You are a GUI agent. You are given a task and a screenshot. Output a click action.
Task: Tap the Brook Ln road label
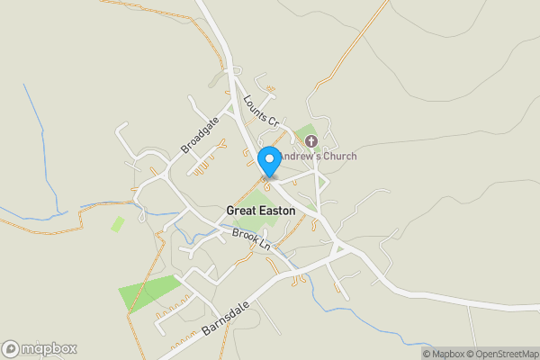251,239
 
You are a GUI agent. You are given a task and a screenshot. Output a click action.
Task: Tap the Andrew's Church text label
318,157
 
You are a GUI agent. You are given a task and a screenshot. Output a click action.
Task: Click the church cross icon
311,141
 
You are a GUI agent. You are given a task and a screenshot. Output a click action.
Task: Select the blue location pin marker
268,161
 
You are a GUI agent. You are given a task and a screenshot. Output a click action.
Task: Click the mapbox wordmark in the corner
49,349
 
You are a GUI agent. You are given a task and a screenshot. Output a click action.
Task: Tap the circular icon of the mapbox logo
11,349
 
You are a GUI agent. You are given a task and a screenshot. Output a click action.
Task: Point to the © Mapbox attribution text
442,354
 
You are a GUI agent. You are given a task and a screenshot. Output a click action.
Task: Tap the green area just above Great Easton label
257,200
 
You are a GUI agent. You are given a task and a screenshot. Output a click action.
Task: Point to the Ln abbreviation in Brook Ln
263,245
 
